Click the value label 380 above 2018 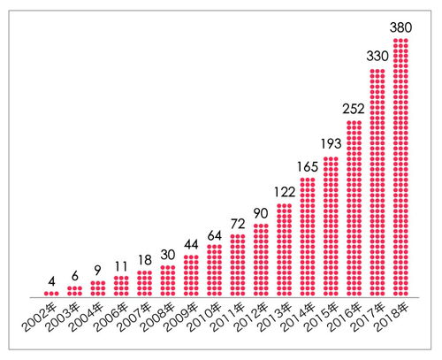tap(400, 27)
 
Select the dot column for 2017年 tap(377, 182)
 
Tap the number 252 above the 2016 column tap(354, 109)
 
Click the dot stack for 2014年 tap(308, 237)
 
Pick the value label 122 tap(285, 192)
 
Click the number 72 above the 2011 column tap(238, 224)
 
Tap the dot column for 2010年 tap(215, 271)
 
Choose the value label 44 tap(191, 245)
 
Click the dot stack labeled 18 tap(145, 283)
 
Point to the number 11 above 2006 tap(121, 266)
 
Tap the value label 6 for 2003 tap(75, 276)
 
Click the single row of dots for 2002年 tap(51, 294)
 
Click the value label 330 tap(377, 56)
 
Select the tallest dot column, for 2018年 tap(400, 167)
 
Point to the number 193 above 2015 tap(331, 144)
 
